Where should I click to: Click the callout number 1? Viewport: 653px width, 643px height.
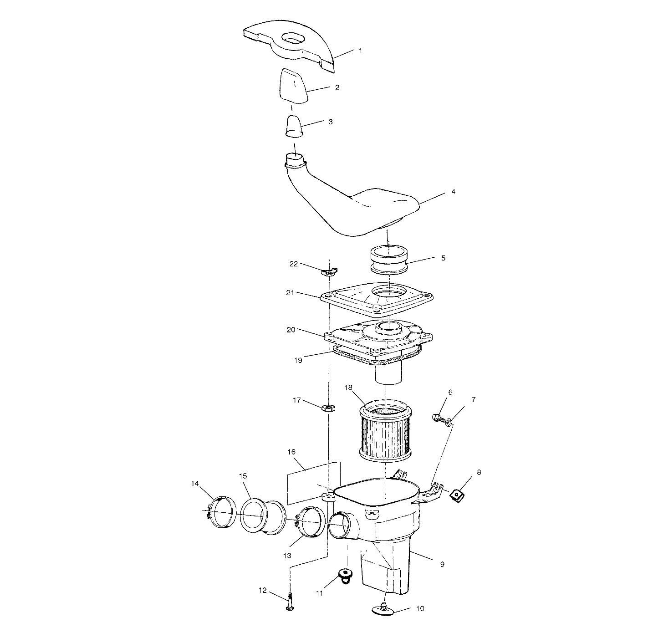click(x=360, y=51)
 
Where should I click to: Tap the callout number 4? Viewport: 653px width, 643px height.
click(x=453, y=192)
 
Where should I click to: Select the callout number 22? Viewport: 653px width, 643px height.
click(x=294, y=264)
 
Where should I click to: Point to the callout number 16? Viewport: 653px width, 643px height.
click(x=291, y=452)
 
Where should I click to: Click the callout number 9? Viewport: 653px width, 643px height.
click(x=442, y=564)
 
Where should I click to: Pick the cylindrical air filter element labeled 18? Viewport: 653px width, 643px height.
click(x=385, y=431)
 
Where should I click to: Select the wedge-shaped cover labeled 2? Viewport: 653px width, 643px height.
click(x=293, y=86)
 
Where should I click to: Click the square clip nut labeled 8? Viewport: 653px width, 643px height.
click(x=457, y=494)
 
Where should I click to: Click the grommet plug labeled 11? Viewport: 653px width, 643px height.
click(x=346, y=575)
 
